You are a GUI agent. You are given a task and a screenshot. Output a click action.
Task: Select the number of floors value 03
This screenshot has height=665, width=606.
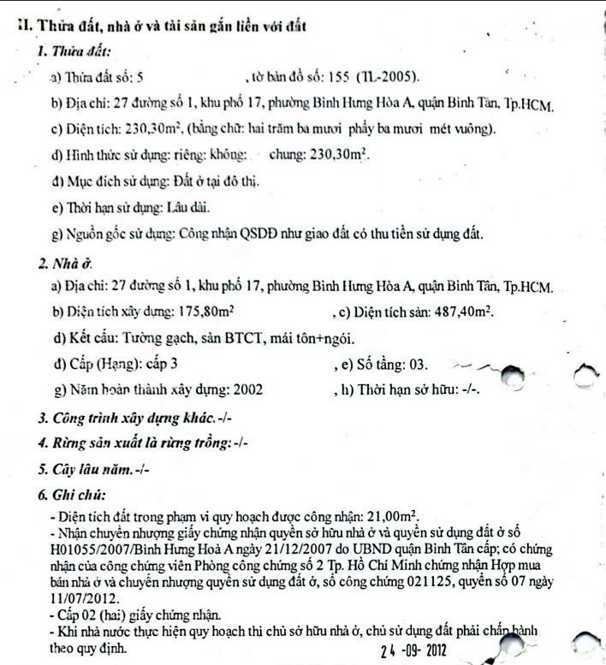[417, 364]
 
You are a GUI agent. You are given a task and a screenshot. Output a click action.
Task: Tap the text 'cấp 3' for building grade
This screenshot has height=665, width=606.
[161, 364]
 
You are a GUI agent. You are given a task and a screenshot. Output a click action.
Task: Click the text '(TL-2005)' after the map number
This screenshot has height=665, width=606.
[397, 77]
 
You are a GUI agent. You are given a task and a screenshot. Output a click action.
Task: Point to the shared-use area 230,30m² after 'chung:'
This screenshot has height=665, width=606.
[336, 156]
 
